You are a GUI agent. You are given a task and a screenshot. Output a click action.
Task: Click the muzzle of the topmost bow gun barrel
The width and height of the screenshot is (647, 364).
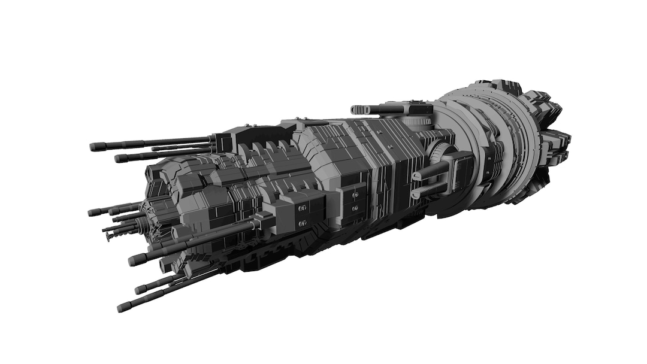[94, 147]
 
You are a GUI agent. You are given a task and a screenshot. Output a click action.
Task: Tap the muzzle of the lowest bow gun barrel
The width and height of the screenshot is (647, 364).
[123, 308]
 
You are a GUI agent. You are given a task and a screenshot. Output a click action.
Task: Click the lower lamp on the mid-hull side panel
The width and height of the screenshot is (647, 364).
[355, 208]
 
